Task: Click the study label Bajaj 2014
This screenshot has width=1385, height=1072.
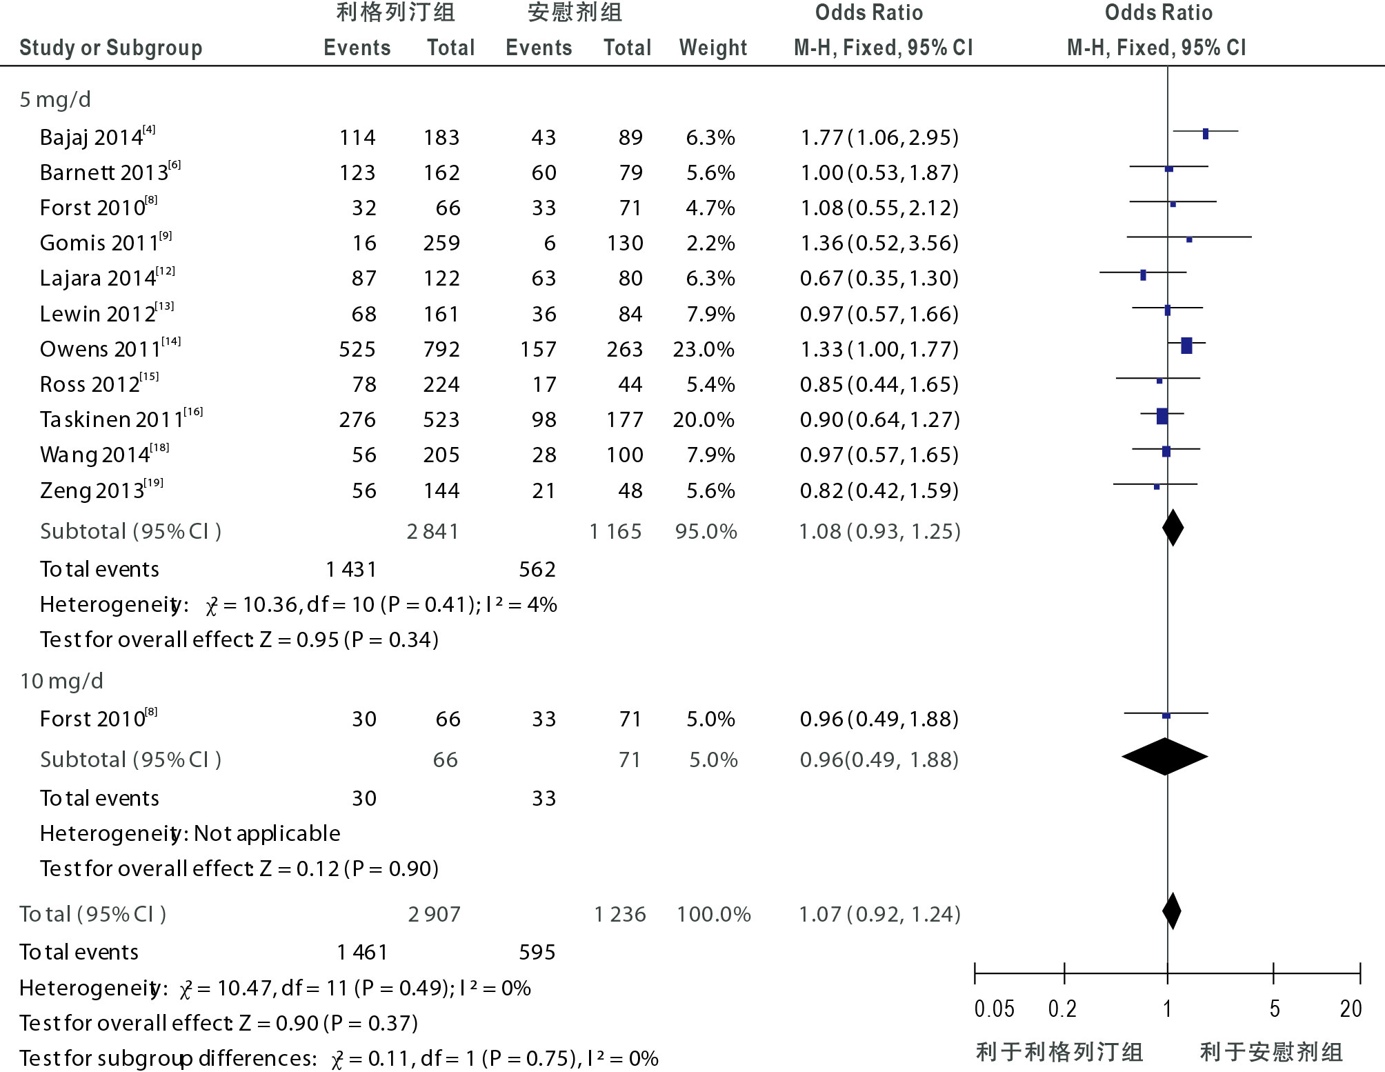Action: coord(92,137)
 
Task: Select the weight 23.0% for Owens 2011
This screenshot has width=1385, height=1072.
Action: coord(704,349)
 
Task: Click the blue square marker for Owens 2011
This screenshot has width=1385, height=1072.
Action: coord(1186,346)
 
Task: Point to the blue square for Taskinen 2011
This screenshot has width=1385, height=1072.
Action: coord(1162,416)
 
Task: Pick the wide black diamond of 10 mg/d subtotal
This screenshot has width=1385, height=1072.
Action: coord(1165,757)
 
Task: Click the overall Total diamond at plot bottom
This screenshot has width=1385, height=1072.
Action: coord(1171,911)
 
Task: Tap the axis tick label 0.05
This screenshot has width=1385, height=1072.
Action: coord(994,1009)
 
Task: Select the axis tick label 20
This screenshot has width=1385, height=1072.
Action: coord(1351,1009)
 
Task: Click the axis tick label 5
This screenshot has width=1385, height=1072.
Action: coord(1275,1009)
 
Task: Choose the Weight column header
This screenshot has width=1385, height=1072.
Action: coord(713,48)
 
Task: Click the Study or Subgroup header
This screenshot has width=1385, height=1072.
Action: coord(111,48)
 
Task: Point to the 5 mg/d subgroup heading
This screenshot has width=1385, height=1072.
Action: coord(55,100)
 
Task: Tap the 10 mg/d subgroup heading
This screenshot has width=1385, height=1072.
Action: coord(61,682)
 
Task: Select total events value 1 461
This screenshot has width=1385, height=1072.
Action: coord(362,953)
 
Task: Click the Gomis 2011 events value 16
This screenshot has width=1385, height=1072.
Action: coord(364,244)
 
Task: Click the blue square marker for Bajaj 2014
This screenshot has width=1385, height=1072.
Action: coord(1206,134)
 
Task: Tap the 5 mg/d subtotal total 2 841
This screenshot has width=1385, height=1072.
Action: coord(432,532)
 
